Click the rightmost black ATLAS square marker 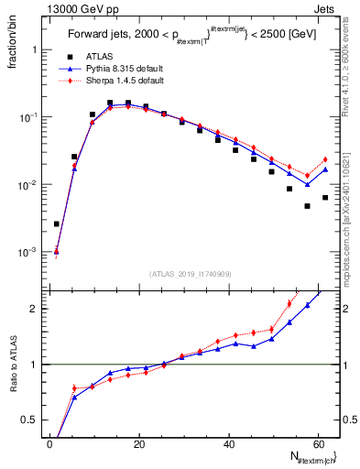(x=325, y=198)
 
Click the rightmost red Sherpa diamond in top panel (x=325, y=159)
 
